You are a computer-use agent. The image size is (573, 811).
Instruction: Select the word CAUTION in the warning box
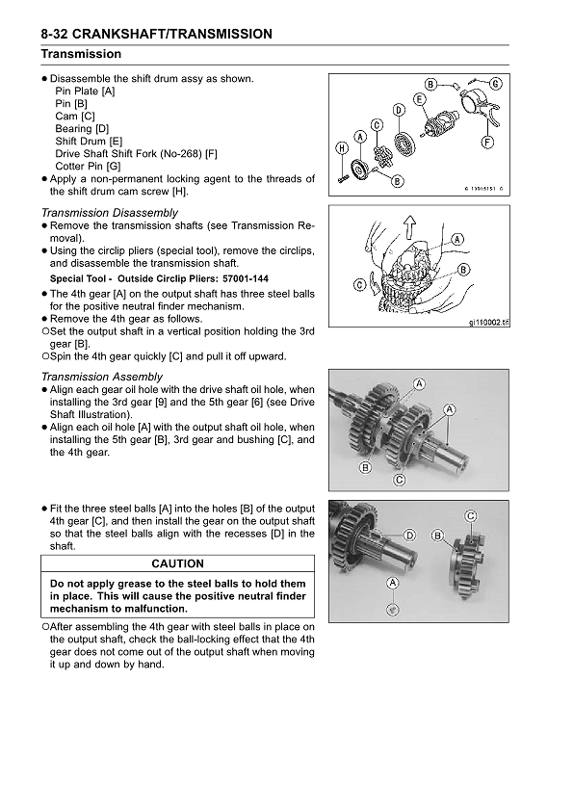178,563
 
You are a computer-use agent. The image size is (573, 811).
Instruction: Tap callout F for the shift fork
486,143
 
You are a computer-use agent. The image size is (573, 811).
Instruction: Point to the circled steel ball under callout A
391,608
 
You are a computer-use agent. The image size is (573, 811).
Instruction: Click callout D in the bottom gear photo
409,535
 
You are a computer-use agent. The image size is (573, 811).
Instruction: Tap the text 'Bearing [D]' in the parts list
82,128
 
